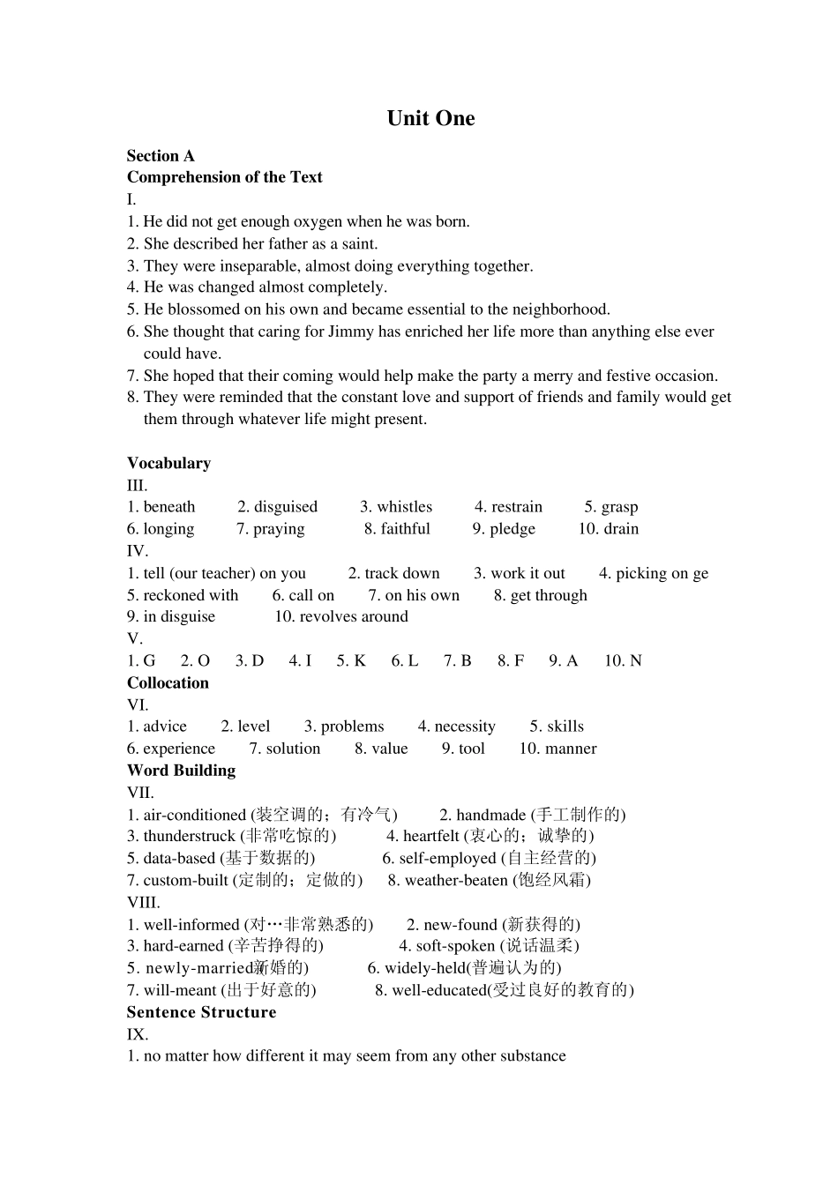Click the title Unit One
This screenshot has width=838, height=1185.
[430, 118]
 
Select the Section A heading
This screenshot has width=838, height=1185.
[161, 156]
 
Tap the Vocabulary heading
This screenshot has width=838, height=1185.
[168, 463]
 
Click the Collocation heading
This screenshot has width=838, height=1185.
[168, 682]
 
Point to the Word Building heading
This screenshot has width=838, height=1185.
[181, 770]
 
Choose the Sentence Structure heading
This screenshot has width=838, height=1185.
[201, 1012]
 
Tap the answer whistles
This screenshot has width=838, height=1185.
[404, 507]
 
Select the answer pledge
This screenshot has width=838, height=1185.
[513, 529]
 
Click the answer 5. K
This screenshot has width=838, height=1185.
[351, 660]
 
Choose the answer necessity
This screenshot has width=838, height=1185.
[465, 727]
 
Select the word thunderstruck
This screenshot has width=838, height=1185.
[190, 836]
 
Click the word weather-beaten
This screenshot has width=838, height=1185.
[456, 880]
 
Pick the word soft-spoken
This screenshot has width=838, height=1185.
[455, 946]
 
